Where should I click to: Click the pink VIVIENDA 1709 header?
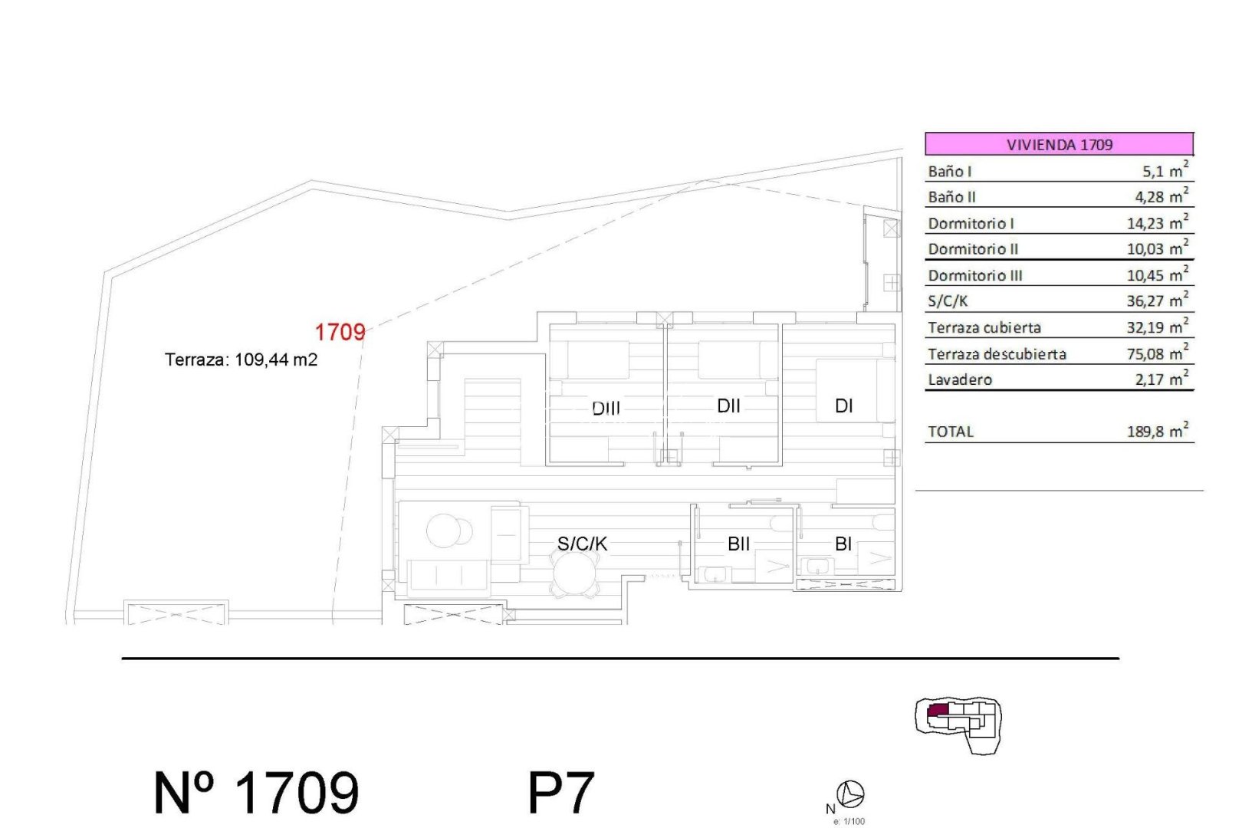pyautogui.click(x=1059, y=144)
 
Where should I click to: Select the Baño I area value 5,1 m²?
pyautogui.click(x=1165, y=171)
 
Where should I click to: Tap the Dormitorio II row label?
pyautogui.click(x=973, y=249)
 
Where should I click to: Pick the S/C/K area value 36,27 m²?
pyautogui.click(x=1157, y=301)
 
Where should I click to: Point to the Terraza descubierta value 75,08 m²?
pyautogui.click(x=1157, y=353)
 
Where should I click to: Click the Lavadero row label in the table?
pyautogui.click(x=960, y=379)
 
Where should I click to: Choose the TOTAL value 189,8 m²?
pyautogui.click(x=1157, y=432)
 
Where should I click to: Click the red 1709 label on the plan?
pyautogui.click(x=340, y=332)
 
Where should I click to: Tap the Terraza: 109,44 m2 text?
pyautogui.click(x=241, y=360)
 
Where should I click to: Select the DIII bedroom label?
pyautogui.click(x=606, y=408)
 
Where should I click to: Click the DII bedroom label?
pyautogui.click(x=728, y=406)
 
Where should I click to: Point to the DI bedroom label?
pyautogui.click(x=843, y=406)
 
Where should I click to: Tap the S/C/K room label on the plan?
pyautogui.click(x=582, y=544)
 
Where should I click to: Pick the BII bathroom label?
pyautogui.click(x=738, y=544)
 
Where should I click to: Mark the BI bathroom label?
pyautogui.click(x=843, y=544)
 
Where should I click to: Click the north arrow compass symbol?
pyautogui.click(x=850, y=794)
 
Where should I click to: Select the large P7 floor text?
pyautogui.click(x=561, y=793)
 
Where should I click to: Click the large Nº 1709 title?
pyautogui.click(x=256, y=793)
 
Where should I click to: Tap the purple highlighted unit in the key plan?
pyautogui.click(x=937, y=711)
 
